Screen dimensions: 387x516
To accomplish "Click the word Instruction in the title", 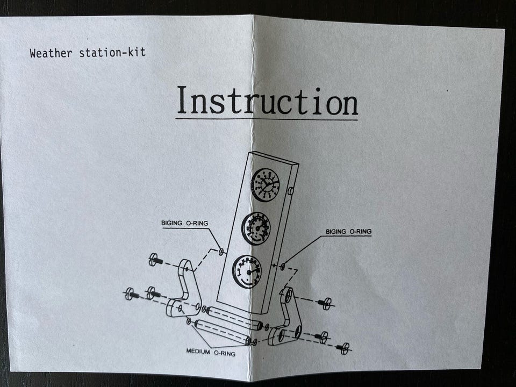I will click(x=267, y=102).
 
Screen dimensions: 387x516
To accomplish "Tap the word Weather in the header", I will click(x=51, y=53).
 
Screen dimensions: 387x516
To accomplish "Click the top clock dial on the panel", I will click(x=266, y=184).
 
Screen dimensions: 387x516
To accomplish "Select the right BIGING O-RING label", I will click(x=348, y=232).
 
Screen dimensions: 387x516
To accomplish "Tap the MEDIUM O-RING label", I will click(x=211, y=352).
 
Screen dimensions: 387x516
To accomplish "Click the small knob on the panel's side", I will click(x=290, y=191).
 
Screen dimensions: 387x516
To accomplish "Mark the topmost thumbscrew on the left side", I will click(x=155, y=260).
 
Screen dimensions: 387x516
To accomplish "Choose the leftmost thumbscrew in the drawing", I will click(x=131, y=294).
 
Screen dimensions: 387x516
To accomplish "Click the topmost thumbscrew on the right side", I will click(x=325, y=303).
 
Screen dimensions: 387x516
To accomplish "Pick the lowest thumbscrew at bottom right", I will click(x=343, y=348).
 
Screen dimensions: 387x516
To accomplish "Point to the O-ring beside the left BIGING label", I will click(x=221, y=250).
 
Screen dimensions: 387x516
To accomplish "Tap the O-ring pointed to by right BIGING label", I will click(x=282, y=266).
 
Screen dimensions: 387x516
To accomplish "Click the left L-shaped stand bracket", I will click(x=185, y=290).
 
